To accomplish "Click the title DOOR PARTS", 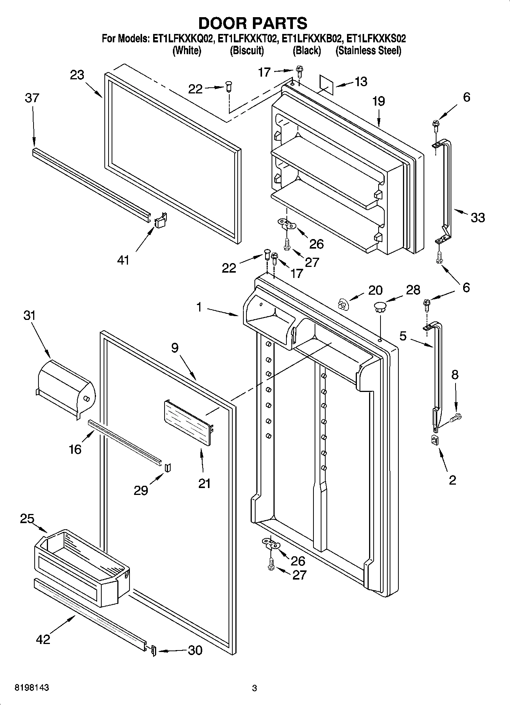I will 253,23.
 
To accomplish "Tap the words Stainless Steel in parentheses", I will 368,51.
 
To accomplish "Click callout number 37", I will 32,98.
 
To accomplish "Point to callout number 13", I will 360,81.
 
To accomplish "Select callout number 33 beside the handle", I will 477,217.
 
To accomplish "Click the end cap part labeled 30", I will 153,651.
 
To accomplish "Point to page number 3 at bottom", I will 254,688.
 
